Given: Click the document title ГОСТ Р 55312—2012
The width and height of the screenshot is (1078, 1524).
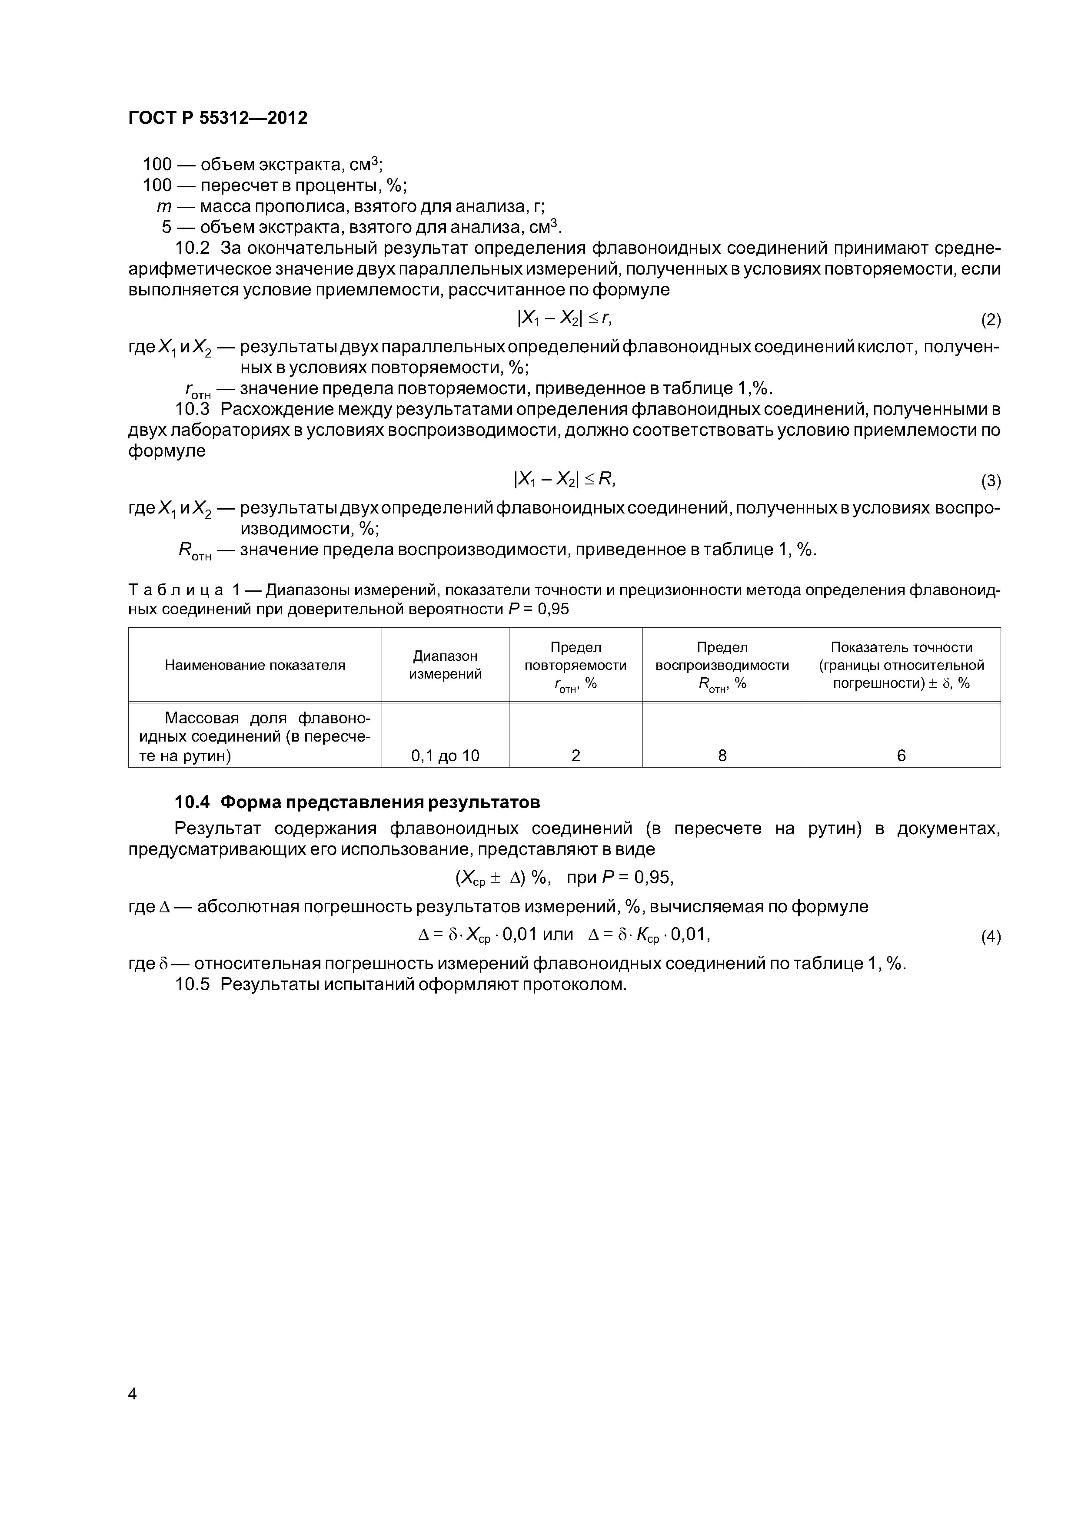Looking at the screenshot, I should click(x=218, y=118).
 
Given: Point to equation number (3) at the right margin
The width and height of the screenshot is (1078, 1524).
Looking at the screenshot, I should click(x=990, y=480).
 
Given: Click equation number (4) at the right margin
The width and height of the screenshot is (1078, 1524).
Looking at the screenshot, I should click(x=990, y=937).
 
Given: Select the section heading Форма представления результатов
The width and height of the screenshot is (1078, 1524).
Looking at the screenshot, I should click(x=380, y=802).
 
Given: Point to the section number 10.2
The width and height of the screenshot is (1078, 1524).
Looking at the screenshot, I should click(x=192, y=248).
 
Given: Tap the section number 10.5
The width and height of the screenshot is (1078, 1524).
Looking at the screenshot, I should click(x=192, y=984).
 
